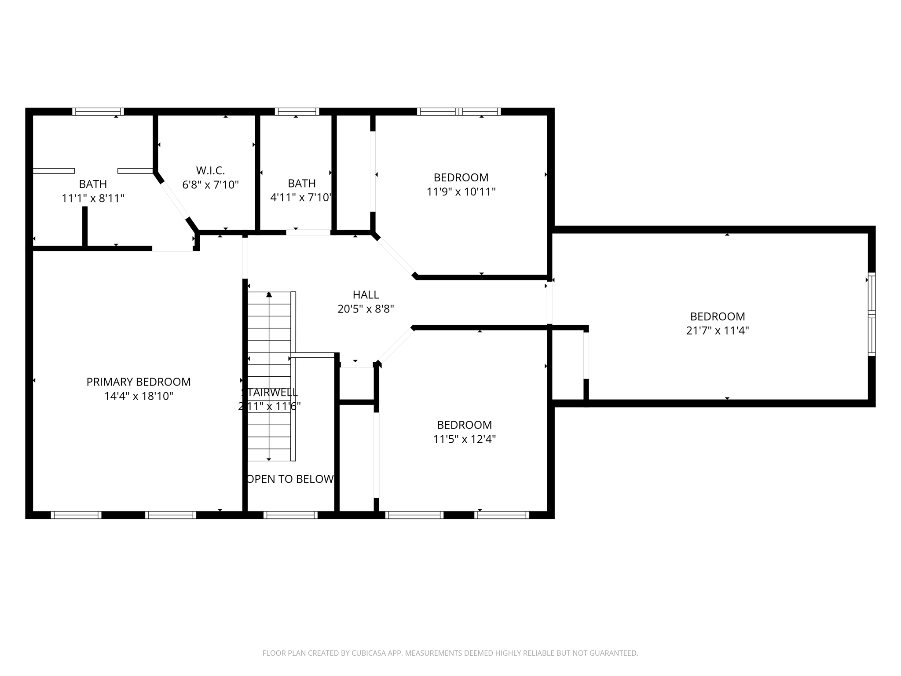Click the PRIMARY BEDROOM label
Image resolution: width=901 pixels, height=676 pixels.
(x=139, y=382)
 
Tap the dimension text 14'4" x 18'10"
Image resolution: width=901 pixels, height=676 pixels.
(x=139, y=396)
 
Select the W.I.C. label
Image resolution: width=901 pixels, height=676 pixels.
(x=210, y=170)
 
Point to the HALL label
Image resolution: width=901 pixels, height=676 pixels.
(x=366, y=294)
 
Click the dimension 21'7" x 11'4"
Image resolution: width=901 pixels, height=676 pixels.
(x=717, y=331)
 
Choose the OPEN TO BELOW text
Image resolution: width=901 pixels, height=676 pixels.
(x=290, y=479)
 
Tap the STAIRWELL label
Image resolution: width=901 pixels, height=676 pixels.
(x=269, y=392)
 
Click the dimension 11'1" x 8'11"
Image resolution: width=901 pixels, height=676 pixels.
(x=93, y=198)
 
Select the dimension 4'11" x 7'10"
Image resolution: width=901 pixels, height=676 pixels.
(x=301, y=197)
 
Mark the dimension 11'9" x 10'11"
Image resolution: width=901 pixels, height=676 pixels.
(x=461, y=192)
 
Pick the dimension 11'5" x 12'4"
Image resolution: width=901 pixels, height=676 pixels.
(x=464, y=439)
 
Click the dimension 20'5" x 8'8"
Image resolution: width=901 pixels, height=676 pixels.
(x=366, y=309)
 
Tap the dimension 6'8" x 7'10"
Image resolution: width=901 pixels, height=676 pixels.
(x=210, y=184)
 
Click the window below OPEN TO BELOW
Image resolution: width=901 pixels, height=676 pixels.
(x=290, y=515)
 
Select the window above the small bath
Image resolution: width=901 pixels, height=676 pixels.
(x=297, y=112)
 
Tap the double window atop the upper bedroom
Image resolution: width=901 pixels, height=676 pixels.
(x=459, y=112)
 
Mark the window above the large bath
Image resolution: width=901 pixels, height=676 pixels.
(x=98, y=112)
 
